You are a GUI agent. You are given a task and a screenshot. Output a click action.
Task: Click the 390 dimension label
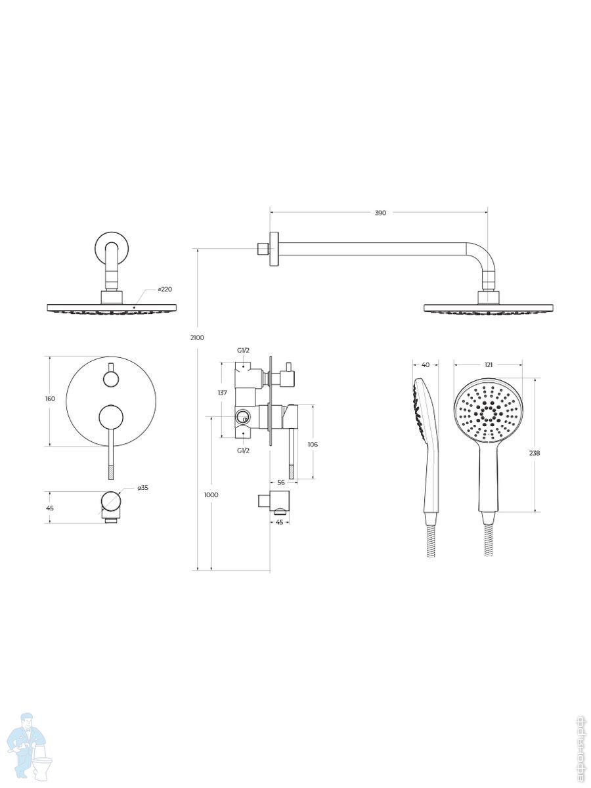(380, 213)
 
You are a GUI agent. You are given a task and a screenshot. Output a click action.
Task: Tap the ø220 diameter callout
(165, 289)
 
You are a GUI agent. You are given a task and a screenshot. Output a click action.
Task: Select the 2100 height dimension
(198, 338)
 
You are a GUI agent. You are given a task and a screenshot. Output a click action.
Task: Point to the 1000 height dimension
(211, 494)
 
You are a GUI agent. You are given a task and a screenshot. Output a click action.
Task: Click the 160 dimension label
(51, 399)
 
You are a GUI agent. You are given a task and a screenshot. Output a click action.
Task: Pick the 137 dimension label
(223, 393)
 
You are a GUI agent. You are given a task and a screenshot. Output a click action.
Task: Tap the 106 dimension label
(313, 444)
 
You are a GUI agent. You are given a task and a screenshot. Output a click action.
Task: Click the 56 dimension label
(281, 482)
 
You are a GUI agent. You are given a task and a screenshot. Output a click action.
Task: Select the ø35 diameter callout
(142, 488)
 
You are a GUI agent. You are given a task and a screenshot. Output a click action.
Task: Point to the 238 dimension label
(535, 453)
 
